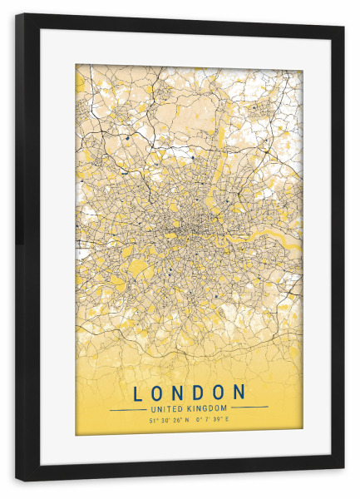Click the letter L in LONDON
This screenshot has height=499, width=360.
tap(137, 392)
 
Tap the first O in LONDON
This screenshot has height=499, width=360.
tap(158, 392)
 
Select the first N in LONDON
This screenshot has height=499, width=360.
tap(180, 392)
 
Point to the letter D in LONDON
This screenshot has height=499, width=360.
tap(200, 392)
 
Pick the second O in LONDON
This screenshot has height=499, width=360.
tap(219, 392)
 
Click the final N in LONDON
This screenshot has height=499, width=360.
tap(240, 392)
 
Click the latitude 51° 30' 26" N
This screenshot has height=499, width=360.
tap(169, 421)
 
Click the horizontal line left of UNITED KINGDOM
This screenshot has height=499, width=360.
tap(128, 409)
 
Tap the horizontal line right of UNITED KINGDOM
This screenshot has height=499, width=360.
tap(249, 408)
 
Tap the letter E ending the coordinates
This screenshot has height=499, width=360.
tap(227, 421)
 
